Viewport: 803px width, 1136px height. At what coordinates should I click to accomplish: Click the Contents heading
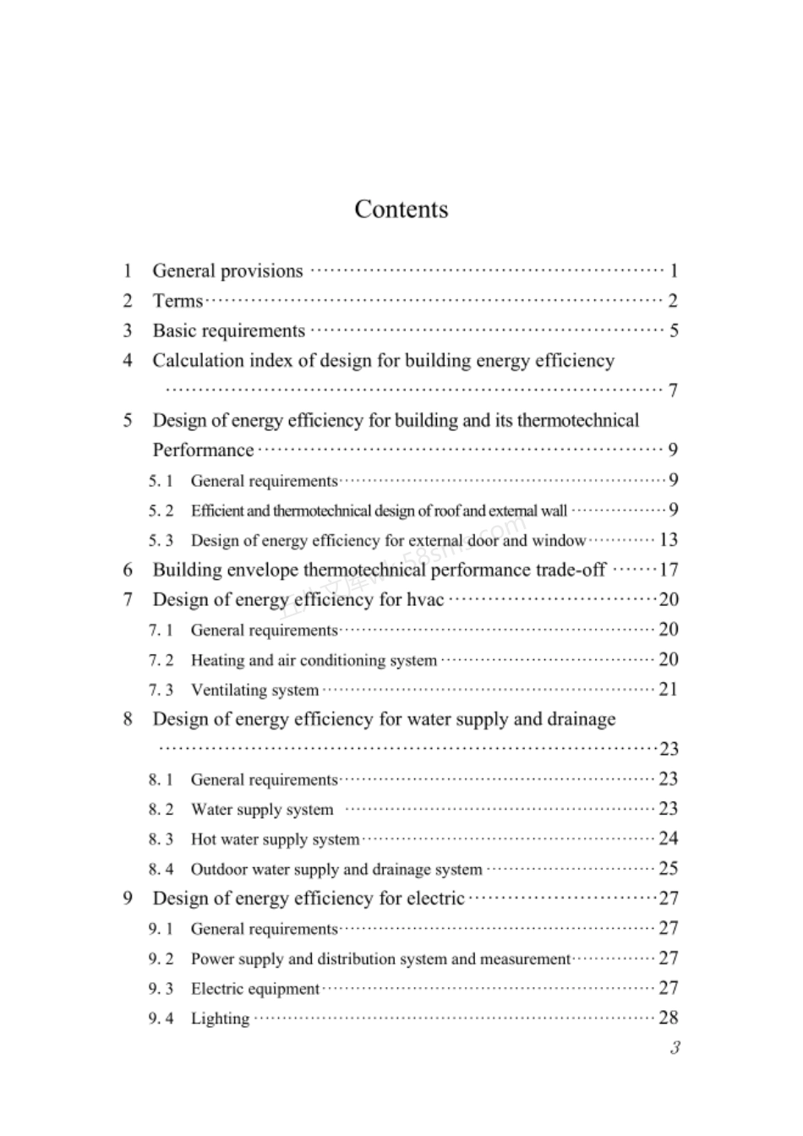(x=401, y=209)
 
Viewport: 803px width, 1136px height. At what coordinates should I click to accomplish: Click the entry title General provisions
(x=227, y=271)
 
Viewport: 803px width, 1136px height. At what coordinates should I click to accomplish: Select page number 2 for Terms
(x=673, y=301)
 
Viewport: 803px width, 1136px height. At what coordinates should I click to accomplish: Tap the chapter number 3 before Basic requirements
(x=128, y=330)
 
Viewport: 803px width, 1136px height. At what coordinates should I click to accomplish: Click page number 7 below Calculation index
(x=673, y=390)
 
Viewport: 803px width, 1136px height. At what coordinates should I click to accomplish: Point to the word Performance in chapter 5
(x=203, y=451)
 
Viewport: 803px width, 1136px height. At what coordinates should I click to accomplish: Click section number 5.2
(x=161, y=511)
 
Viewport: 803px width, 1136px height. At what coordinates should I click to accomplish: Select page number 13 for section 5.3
(x=669, y=540)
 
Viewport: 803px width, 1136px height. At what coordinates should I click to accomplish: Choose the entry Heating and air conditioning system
(x=314, y=660)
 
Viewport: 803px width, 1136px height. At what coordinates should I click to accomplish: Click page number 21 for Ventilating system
(x=669, y=690)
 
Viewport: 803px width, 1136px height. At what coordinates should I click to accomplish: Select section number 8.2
(x=161, y=810)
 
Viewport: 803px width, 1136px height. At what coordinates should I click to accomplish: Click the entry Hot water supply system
(x=275, y=839)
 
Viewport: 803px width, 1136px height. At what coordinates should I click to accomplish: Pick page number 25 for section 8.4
(x=669, y=869)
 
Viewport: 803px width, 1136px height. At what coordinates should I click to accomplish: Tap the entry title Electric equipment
(x=254, y=989)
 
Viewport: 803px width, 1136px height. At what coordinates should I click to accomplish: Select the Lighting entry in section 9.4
(x=220, y=1019)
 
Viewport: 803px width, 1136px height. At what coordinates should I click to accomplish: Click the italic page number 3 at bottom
(x=674, y=1048)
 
